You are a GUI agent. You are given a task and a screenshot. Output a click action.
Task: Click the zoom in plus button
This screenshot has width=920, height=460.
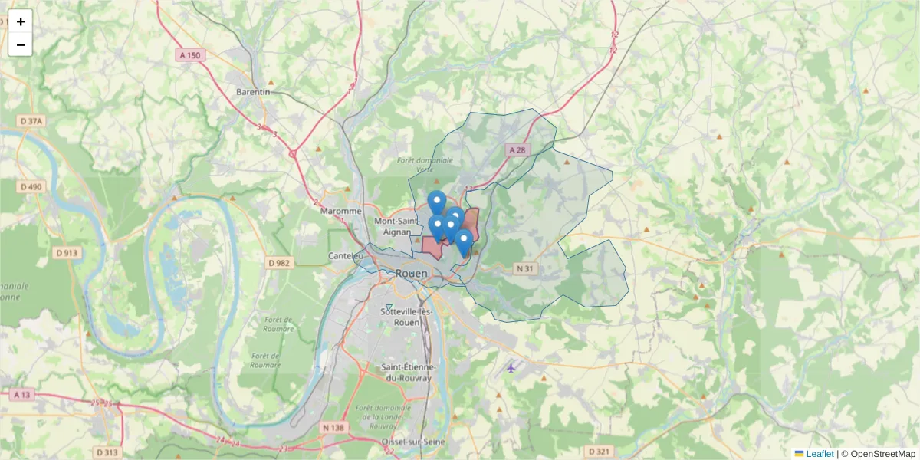tap(21, 21)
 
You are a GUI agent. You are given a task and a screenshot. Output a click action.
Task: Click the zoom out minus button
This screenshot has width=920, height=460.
tap(21, 44)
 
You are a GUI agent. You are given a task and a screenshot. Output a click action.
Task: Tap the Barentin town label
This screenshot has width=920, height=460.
tap(253, 91)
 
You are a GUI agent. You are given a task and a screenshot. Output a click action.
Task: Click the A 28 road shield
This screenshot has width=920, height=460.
tap(517, 151)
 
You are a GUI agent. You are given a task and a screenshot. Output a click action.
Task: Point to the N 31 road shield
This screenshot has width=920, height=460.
tap(525, 268)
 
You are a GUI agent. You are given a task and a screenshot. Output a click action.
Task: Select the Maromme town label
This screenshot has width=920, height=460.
tap(342, 211)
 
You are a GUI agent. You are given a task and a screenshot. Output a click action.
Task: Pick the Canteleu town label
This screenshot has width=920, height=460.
tap(345, 255)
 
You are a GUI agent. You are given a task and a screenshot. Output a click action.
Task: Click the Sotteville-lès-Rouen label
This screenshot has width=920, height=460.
tap(406, 317)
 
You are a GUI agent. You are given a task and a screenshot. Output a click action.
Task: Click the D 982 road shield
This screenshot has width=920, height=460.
tap(280, 263)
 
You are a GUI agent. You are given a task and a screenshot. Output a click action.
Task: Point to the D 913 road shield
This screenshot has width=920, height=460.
tap(67, 253)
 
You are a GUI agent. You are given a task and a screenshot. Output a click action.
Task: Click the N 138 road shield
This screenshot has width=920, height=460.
tap(333, 427)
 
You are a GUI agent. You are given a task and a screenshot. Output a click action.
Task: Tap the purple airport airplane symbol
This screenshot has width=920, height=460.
tap(511, 368)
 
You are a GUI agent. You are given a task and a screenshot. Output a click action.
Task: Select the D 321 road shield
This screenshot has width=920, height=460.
tap(601, 451)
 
